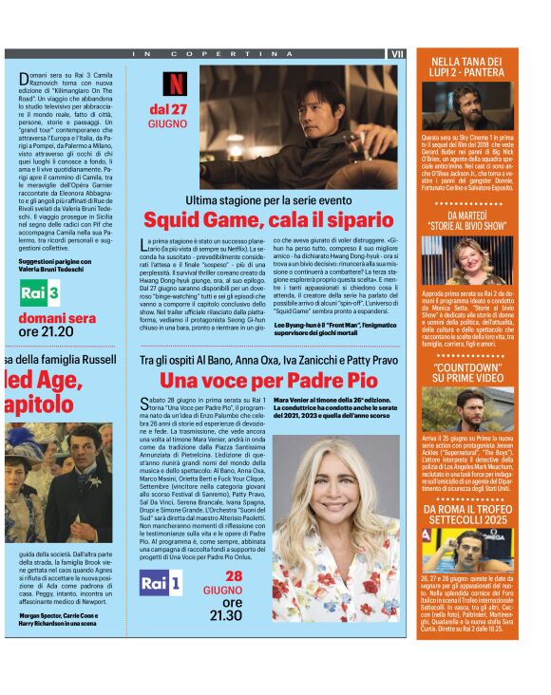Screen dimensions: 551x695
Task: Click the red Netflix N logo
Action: click(x=175, y=84)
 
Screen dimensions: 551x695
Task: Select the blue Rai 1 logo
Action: click(x=161, y=584)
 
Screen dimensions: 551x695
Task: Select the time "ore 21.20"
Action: click(x=47, y=331)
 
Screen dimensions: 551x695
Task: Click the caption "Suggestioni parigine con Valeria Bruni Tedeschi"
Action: click(x=58, y=263)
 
